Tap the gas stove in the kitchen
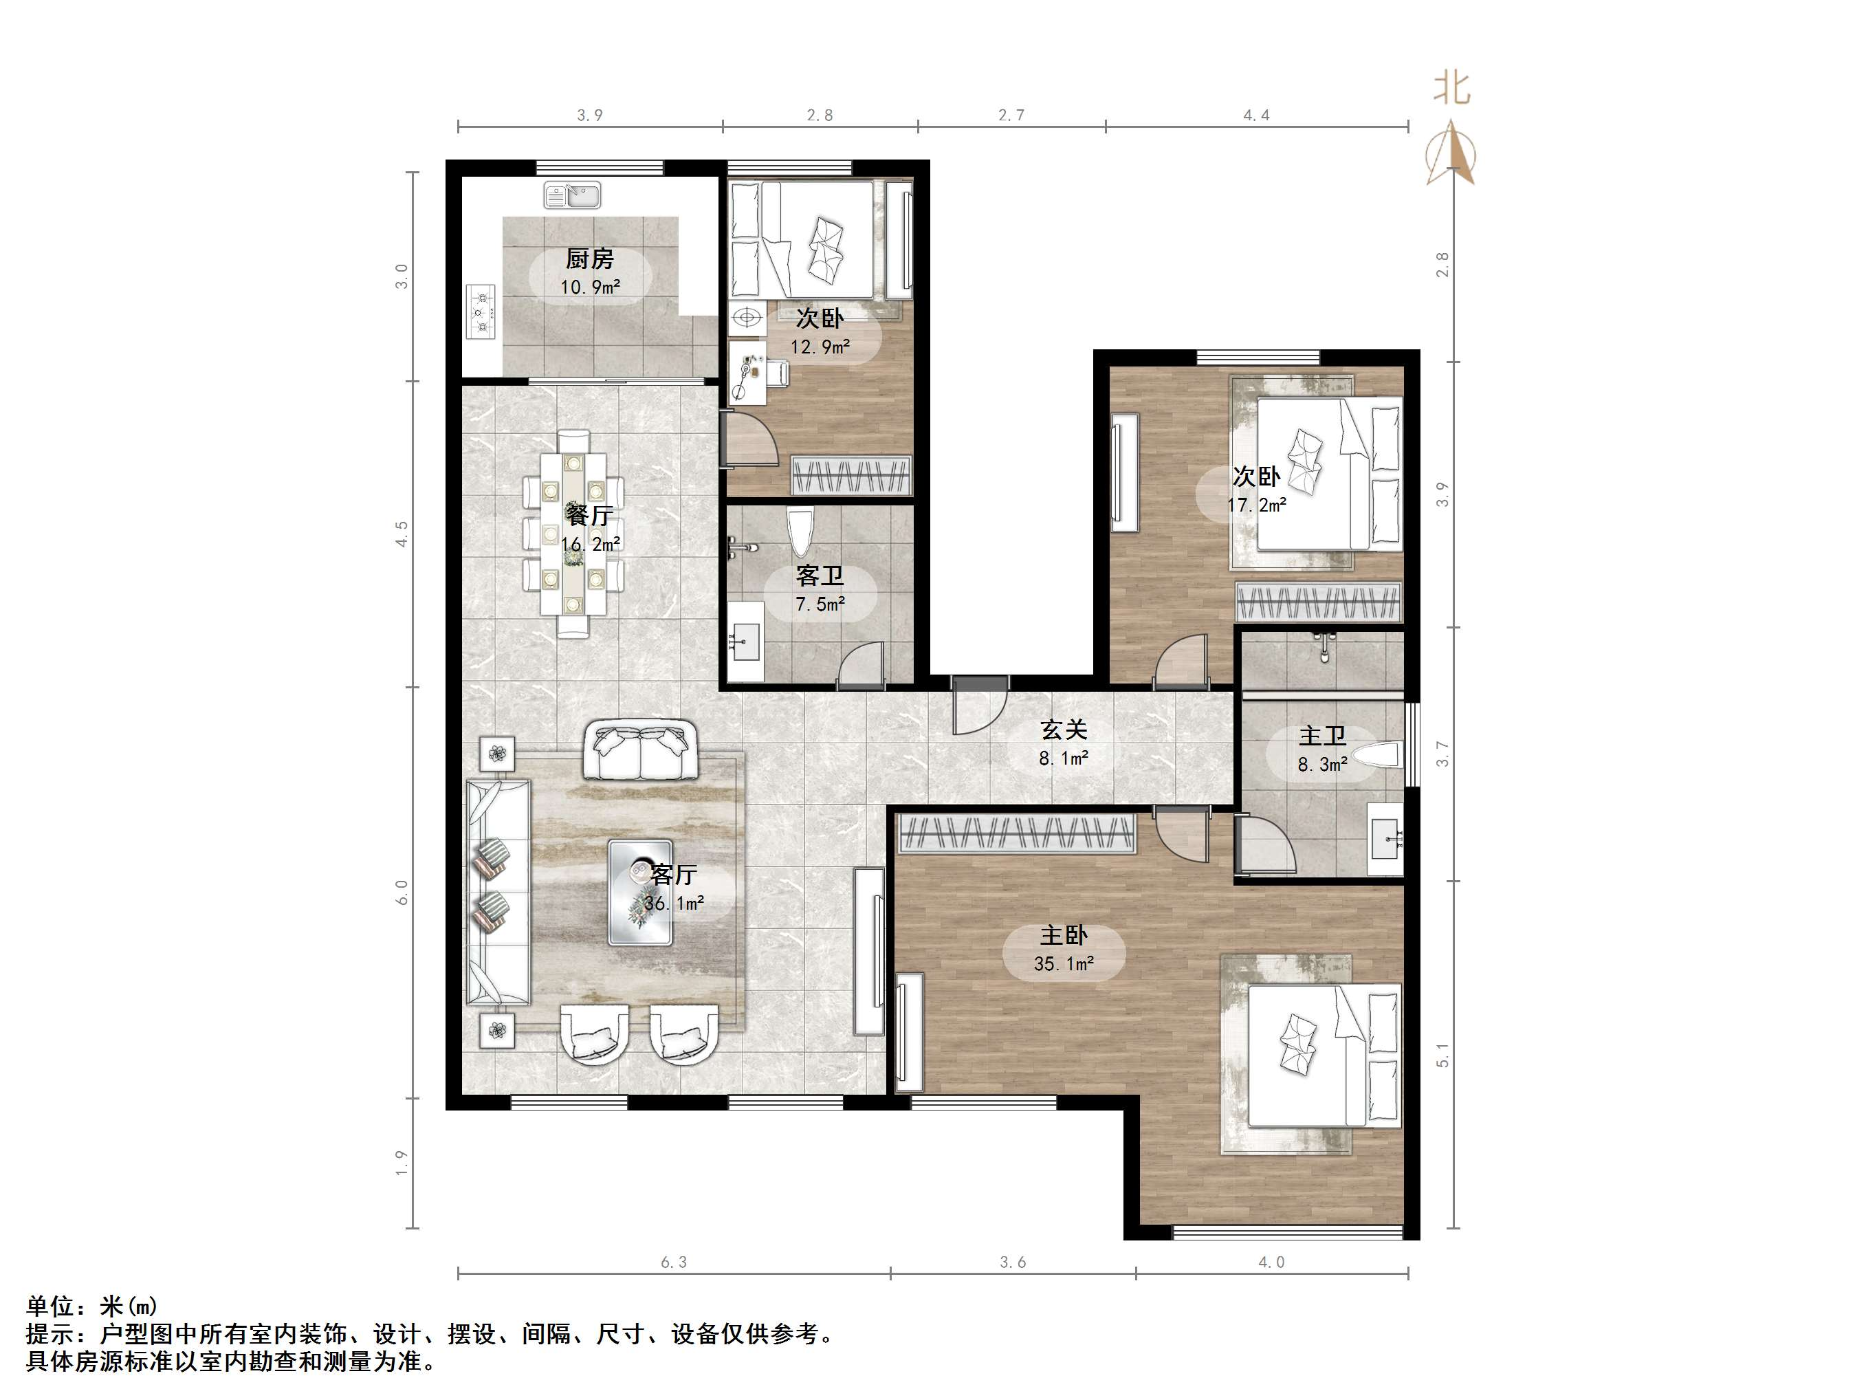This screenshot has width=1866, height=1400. coord(482,311)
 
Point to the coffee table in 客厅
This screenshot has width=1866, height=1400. coord(640,892)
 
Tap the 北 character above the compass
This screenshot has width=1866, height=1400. coord(1451,88)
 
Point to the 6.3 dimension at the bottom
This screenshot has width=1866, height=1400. coord(673,1262)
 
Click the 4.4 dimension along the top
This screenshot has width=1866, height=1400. coord(1255,116)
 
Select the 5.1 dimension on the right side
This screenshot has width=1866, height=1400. coord(1442,1055)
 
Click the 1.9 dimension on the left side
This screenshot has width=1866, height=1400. coord(402,1162)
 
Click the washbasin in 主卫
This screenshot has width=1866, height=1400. coord(1385,839)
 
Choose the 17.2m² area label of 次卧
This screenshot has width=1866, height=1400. coord(1256,505)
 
